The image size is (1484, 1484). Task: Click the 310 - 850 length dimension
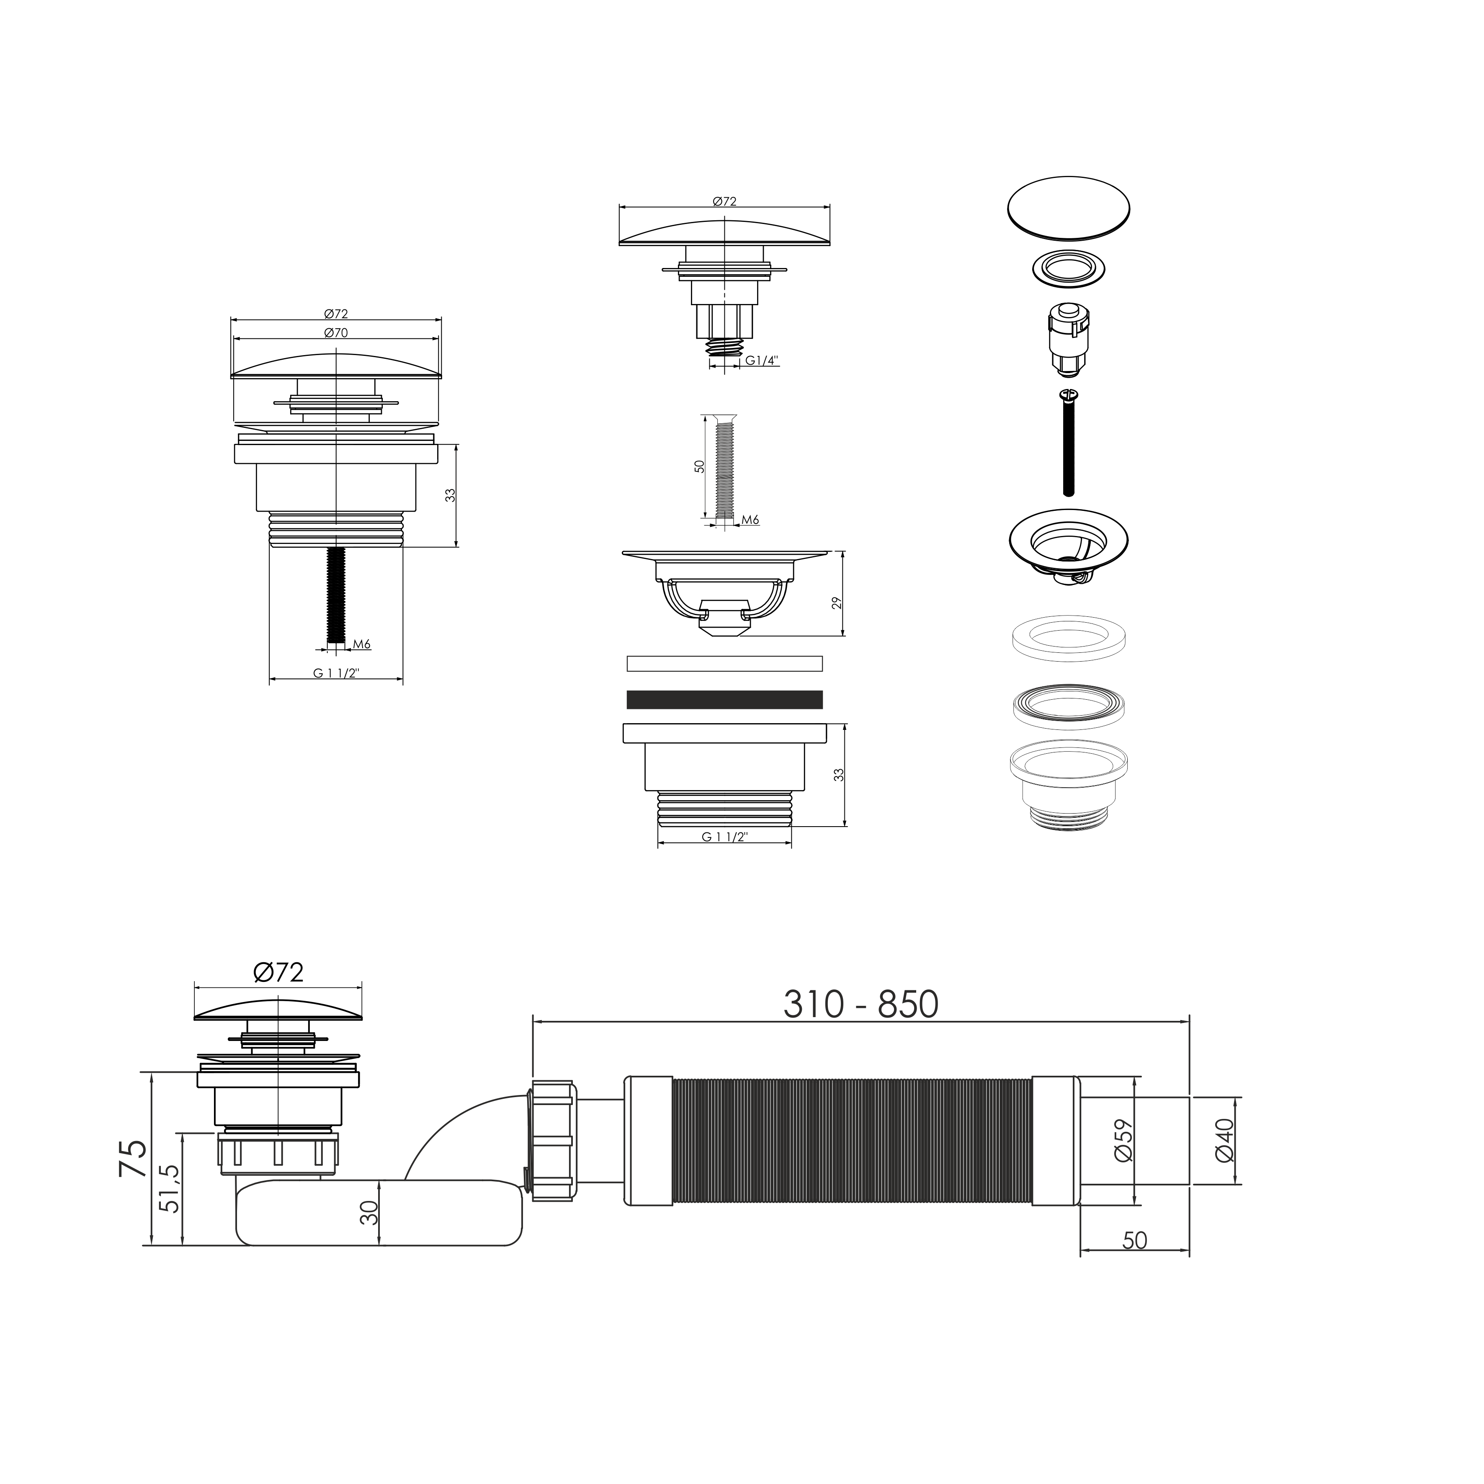pos(860,1005)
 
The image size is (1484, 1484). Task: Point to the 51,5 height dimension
pos(169,1188)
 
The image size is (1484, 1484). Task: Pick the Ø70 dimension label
pos(336,332)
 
